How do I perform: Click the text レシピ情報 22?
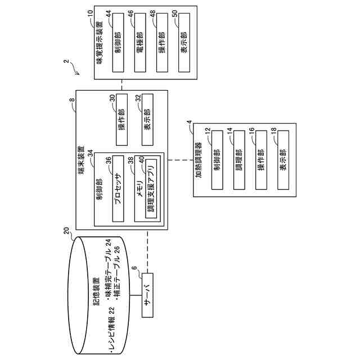112,331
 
